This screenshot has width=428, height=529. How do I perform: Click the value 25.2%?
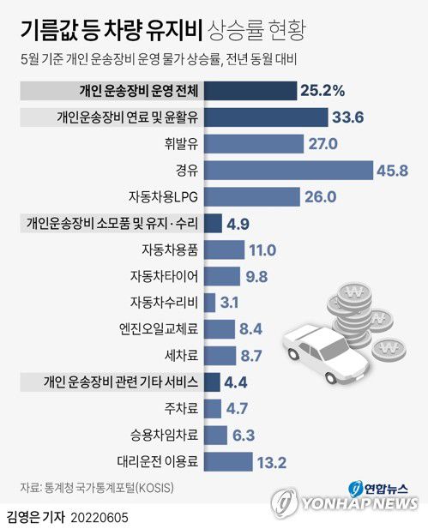pyautogui.click(x=323, y=90)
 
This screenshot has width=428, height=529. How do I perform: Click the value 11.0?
pyautogui.click(x=261, y=250)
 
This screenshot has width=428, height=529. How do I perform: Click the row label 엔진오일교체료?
pyautogui.click(x=159, y=330)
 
